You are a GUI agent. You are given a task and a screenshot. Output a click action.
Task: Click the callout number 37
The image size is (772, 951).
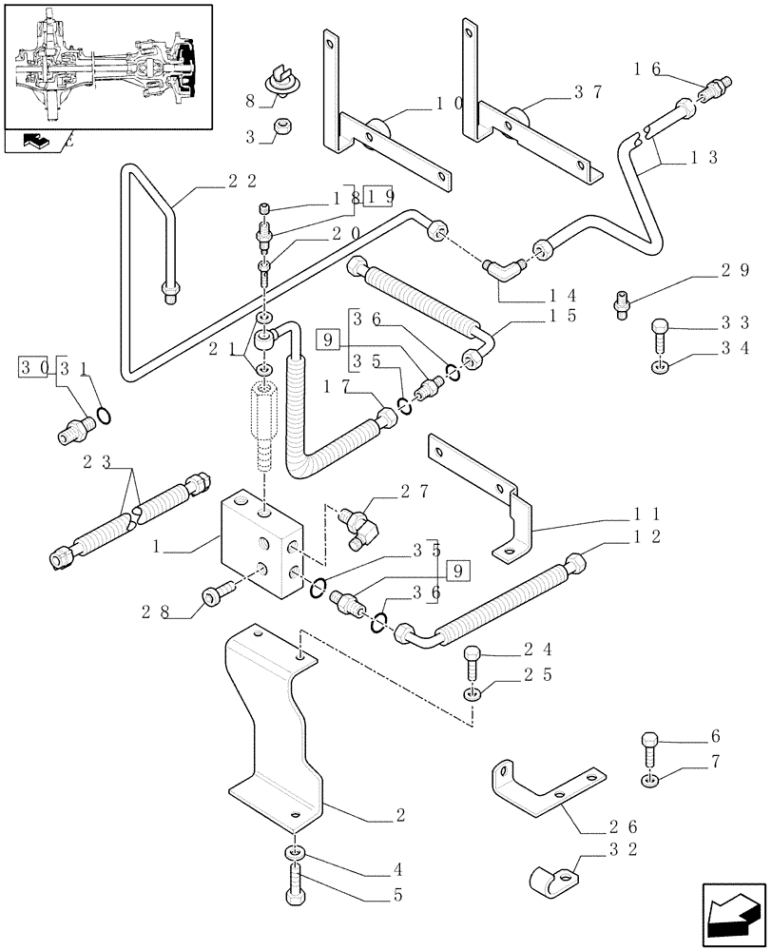[x=589, y=92]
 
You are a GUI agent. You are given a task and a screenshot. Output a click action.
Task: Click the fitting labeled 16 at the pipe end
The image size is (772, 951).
[x=713, y=91]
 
